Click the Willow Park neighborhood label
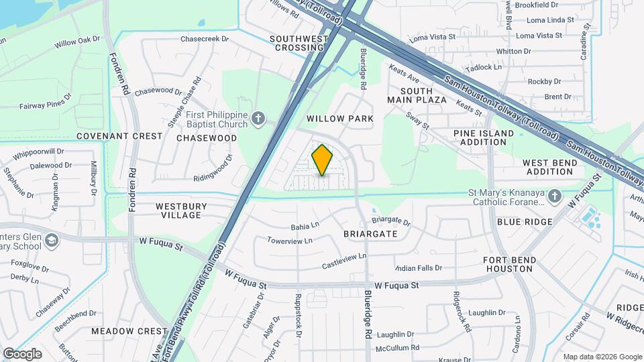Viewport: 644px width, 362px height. tap(339, 119)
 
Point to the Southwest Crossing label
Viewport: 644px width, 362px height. tap(299, 44)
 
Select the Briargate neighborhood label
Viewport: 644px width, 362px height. tap(370, 234)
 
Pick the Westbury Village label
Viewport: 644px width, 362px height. tap(181, 210)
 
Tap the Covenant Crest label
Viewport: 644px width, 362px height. tap(119, 136)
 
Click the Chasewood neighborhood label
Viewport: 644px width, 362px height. tap(207, 138)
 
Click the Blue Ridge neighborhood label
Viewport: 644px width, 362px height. tap(525, 222)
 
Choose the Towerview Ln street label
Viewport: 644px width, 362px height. tap(290, 241)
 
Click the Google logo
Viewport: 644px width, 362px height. tap(22, 353)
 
